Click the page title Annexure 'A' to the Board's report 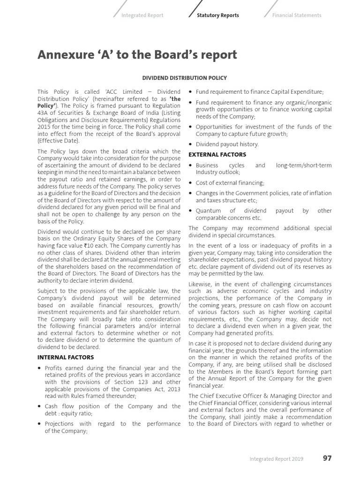click(137, 55)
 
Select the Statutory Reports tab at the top click(217, 15)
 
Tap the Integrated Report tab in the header click(142, 15)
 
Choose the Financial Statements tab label click(297, 15)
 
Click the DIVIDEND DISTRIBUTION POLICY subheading click(184, 78)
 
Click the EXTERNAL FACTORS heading click(217, 154)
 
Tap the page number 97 click(327, 458)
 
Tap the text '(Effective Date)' click(59, 141)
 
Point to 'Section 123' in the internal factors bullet click(138, 382)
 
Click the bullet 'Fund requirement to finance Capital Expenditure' click(259, 92)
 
